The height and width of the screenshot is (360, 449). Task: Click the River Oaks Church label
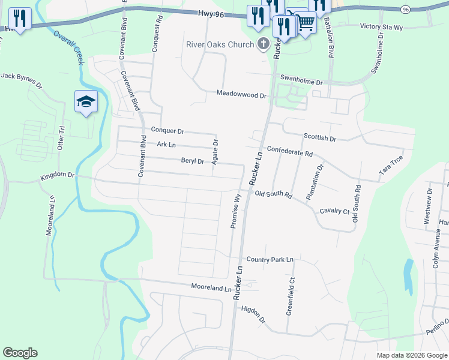tap(220, 44)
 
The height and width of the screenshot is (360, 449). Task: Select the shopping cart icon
tap(306, 23)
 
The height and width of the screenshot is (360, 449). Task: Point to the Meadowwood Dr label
tap(241, 94)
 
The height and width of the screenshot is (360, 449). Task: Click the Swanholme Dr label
tap(301, 80)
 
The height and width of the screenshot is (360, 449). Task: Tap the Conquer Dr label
tap(167, 130)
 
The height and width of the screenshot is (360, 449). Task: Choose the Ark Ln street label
tap(166, 145)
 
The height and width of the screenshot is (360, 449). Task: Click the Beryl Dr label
tap(193, 161)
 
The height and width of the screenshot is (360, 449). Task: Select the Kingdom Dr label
tap(57, 176)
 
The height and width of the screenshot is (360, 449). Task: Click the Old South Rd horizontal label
tap(273, 194)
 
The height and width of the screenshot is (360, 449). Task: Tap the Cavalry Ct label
tap(334, 211)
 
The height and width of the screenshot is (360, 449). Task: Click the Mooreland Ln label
tap(211, 289)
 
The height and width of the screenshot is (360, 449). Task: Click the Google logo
tap(20, 353)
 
